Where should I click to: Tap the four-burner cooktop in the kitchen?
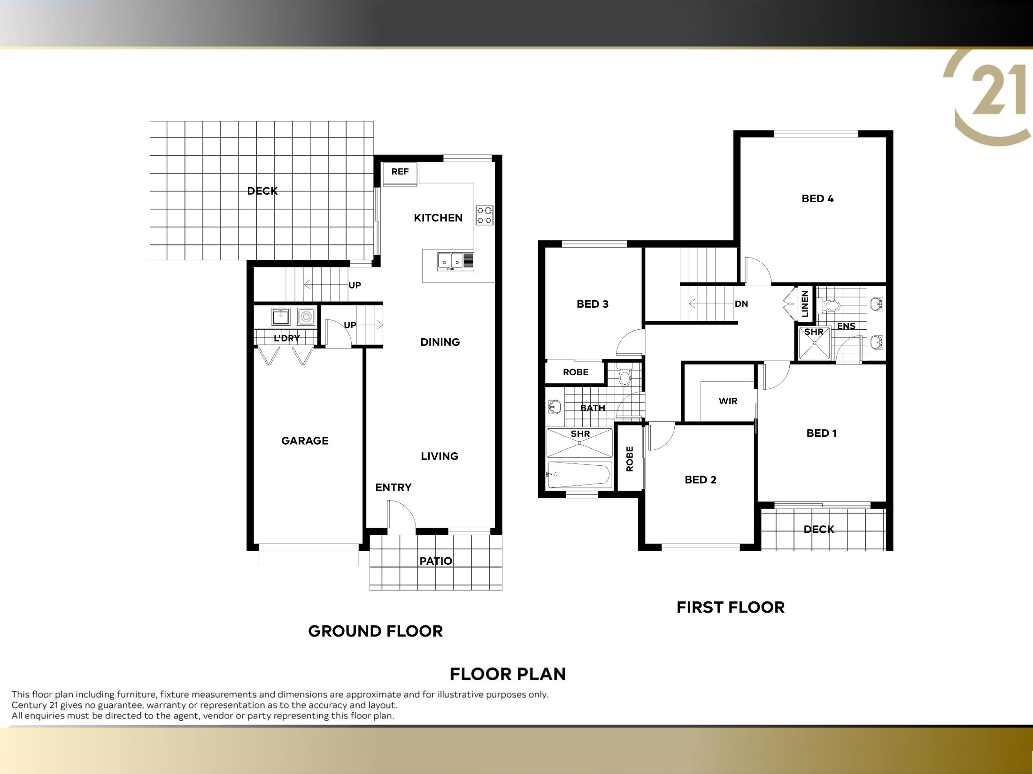pyautogui.click(x=485, y=215)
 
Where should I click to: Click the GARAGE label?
pyautogui.click(x=305, y=440)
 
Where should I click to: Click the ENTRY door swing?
pyautogui.click(x=401, y=517)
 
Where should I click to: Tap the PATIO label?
pyautogui.click(x=436, y=561)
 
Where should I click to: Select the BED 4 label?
pyautogui.click(x=817, y=198)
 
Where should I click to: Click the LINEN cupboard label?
pyautogui.click(x=805, y=304)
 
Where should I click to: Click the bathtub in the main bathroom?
pyautogui.click(x=579, y=474)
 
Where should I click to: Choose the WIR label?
pyautogui.click(x=728, y=401)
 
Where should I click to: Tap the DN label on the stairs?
pyautogui.click(x=741, y=304)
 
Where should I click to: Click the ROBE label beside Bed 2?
pyautogui.click(x=630, y=458)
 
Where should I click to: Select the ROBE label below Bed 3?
pyautogui.click(x=576, y=372)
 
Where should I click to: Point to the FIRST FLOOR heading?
pyautogui.click(x=731, y=607)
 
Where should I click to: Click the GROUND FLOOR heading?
pyautogui.click(x=376, y=631)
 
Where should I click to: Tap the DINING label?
pyautogui.click(x=440, y=342)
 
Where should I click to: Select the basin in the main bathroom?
pyautogui.click(x=555, y=407)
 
